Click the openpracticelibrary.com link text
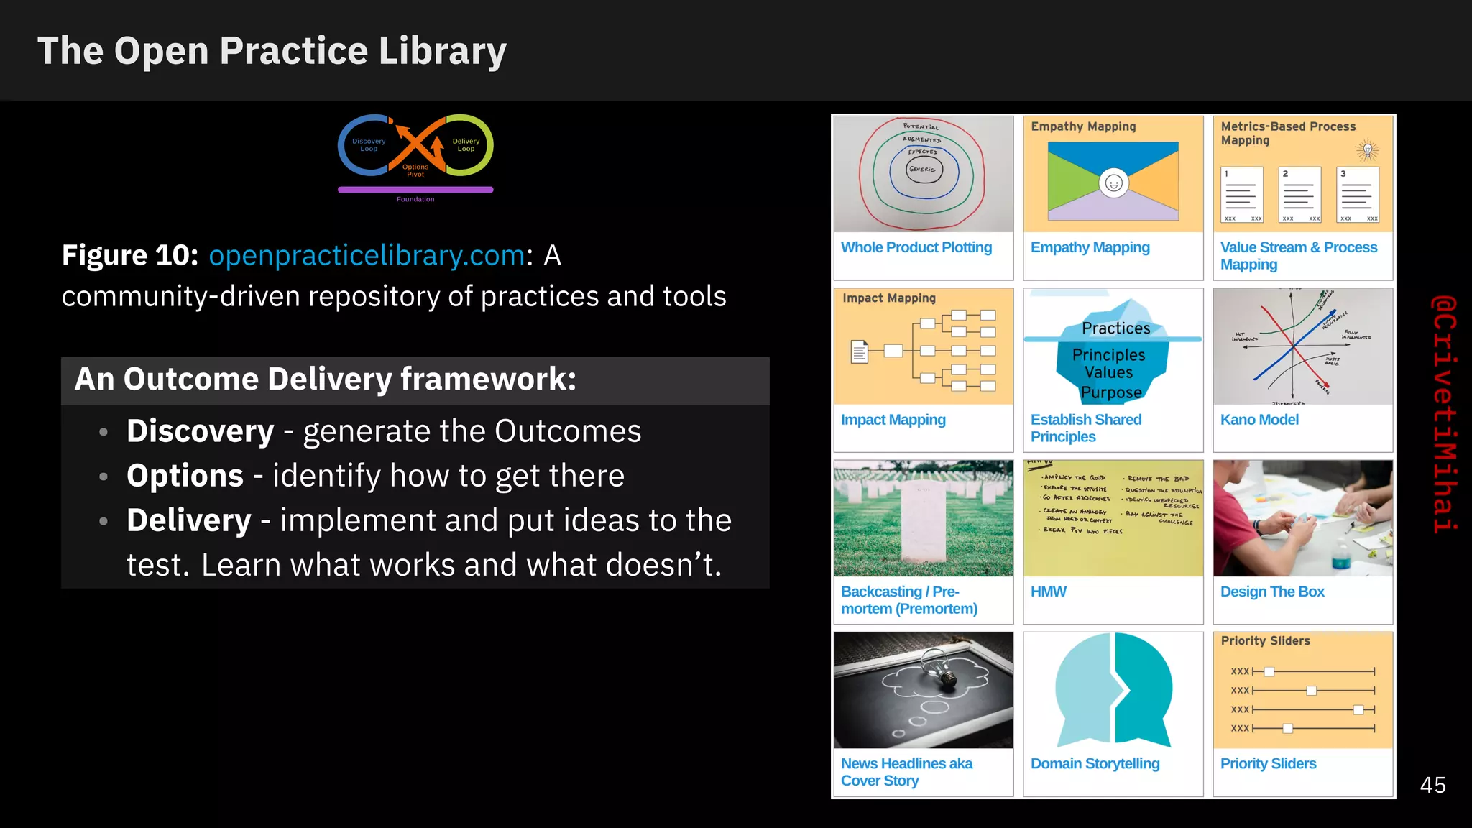pos(367,256)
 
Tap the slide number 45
pos(1432,785)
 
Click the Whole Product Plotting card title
pos(916,247)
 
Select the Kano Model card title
pos(1259,420)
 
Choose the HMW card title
pos(1048,592)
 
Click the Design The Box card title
pos(1272,592)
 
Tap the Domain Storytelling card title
pos(1095,763)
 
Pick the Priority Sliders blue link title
pos(1268,763)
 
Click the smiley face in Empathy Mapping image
pos(1113,183)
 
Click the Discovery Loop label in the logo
pos(369,145)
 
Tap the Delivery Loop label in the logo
pos(466,145)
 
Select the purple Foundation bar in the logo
pos(415,190)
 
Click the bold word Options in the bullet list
pos(185,476)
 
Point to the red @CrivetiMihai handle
pos(1443,414)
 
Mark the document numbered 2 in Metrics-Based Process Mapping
pos(1300,195)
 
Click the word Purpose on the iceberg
pos(1111,392)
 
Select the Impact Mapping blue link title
pos(893,420)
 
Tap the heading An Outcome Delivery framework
pos(325,379)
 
